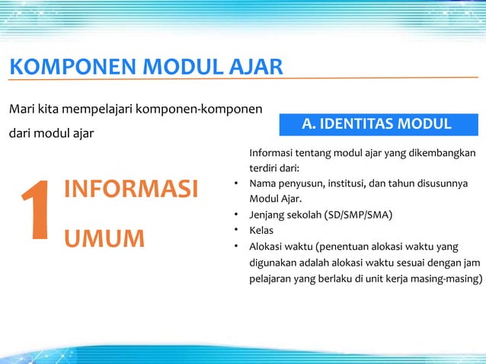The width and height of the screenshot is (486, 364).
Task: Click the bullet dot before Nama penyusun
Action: click(x=238, y=184)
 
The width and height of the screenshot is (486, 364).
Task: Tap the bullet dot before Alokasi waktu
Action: click(x=238, y=246)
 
